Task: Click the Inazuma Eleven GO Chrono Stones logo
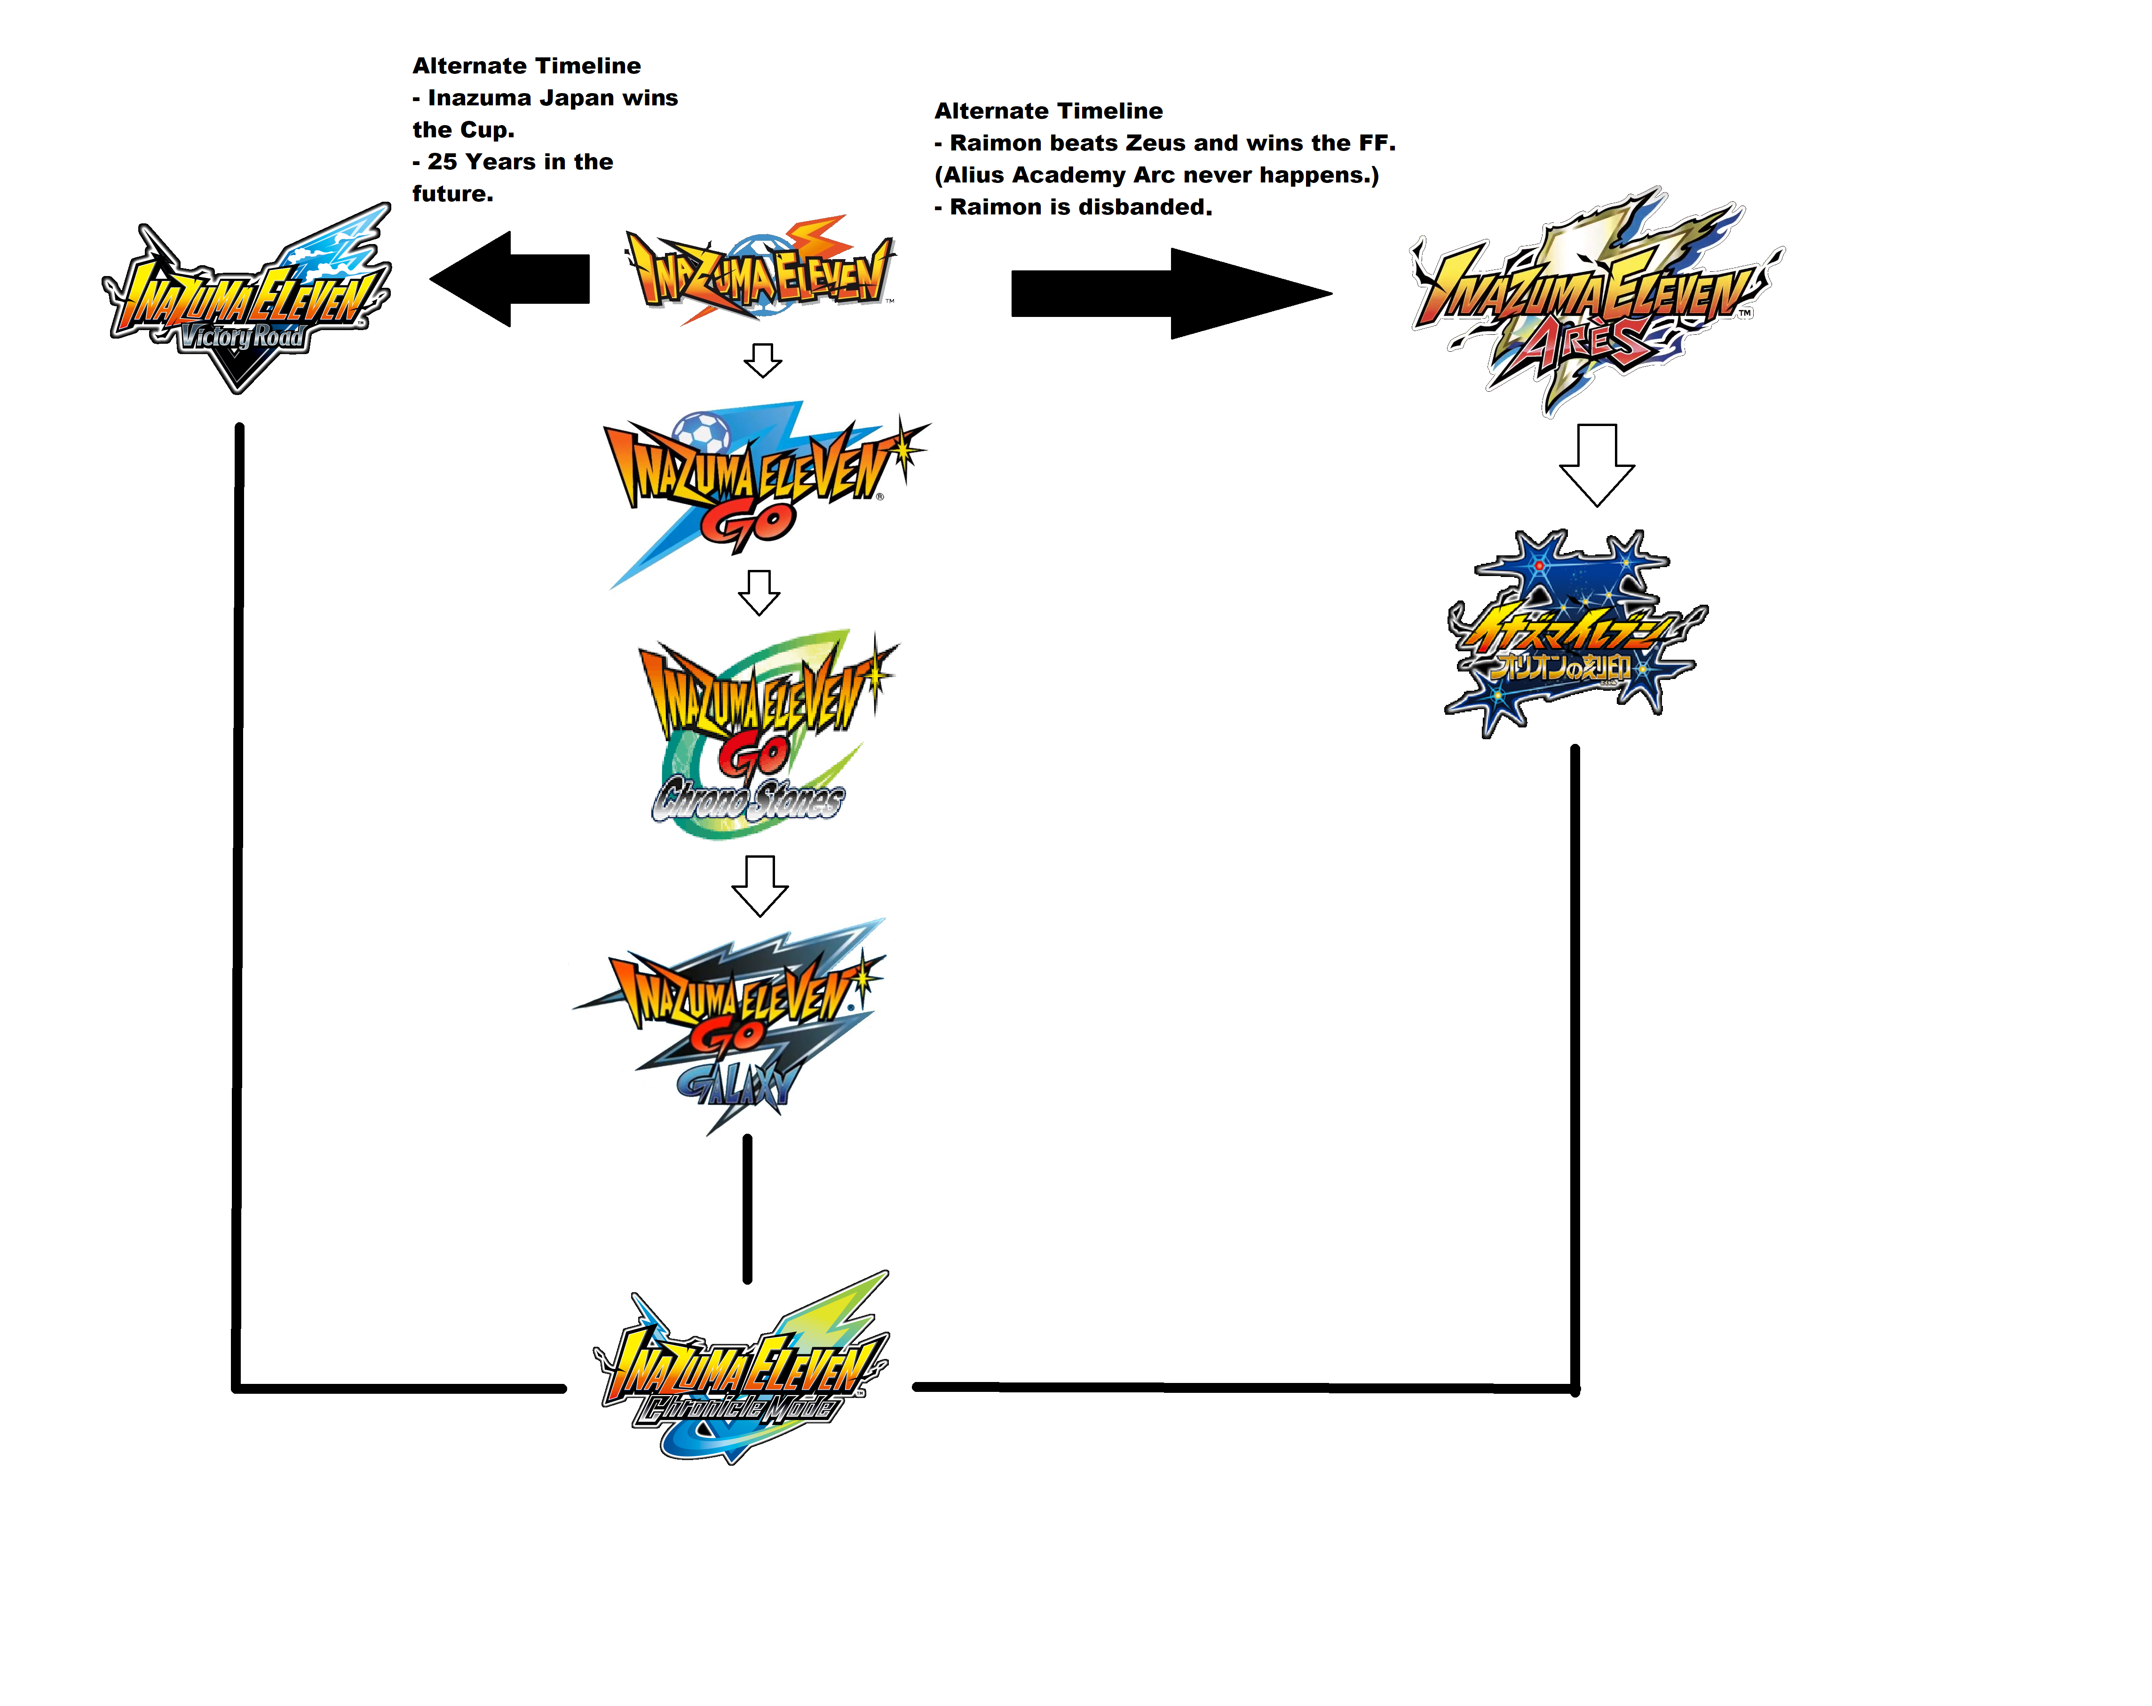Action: coord(764,734)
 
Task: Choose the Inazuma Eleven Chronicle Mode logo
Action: coord(741,1367)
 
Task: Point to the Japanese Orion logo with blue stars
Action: coord(1572,634)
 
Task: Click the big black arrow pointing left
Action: coord(509,279)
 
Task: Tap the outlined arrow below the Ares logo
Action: coord(1596,464)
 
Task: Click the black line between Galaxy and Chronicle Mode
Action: coord(748,1208)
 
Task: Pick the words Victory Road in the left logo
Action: coord(242,336)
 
